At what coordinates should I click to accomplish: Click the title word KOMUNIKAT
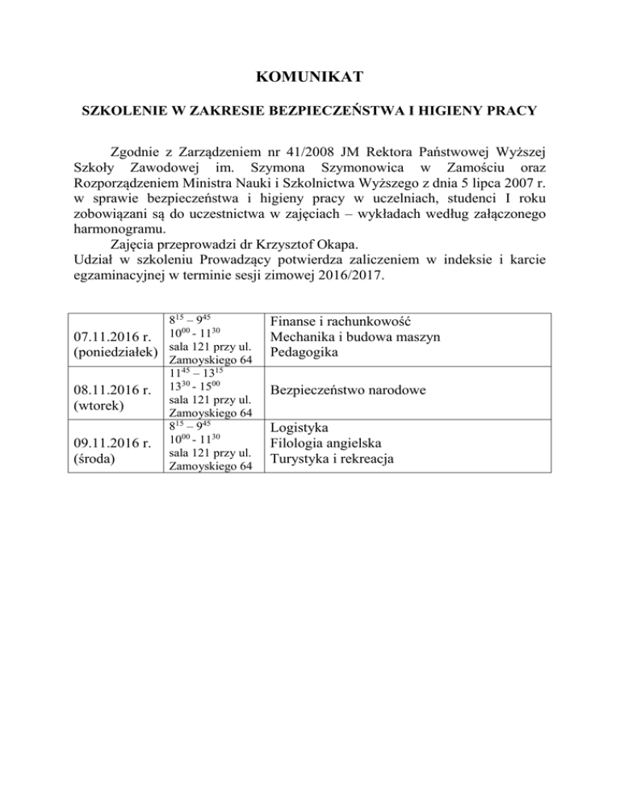pos(310,78)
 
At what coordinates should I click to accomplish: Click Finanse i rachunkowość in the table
pos(342,322)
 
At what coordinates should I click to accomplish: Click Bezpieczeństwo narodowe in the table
pos(349,391)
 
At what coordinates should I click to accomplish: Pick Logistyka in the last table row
pos(300,428)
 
